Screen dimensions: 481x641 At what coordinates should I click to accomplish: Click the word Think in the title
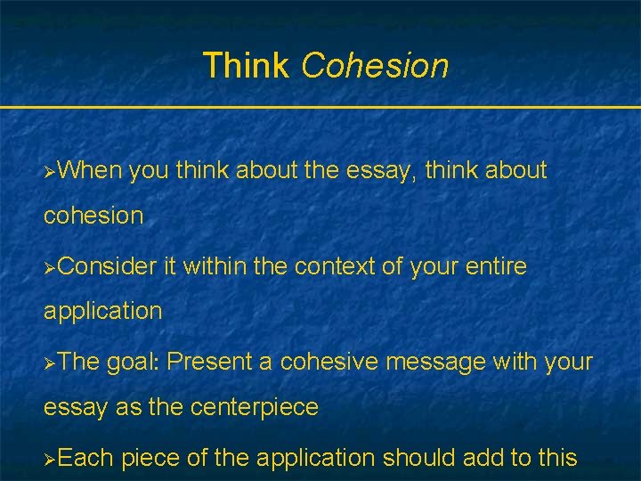click(246, 66)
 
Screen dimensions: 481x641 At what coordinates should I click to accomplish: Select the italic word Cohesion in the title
click(375, 66)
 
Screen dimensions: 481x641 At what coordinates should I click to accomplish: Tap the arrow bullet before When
click(51, 171)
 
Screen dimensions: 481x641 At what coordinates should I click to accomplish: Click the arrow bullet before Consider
click(51, 267)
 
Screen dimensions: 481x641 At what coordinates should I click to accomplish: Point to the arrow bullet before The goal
click(51, 363)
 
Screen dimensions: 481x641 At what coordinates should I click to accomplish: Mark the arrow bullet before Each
click(51, 460)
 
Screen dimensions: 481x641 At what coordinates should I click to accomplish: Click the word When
click(91, 170)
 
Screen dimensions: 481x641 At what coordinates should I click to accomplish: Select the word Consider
click(108, 266)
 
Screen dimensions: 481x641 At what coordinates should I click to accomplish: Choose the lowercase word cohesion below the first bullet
click(93, 216)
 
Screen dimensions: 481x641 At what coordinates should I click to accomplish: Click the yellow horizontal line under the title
click(320, 108)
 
